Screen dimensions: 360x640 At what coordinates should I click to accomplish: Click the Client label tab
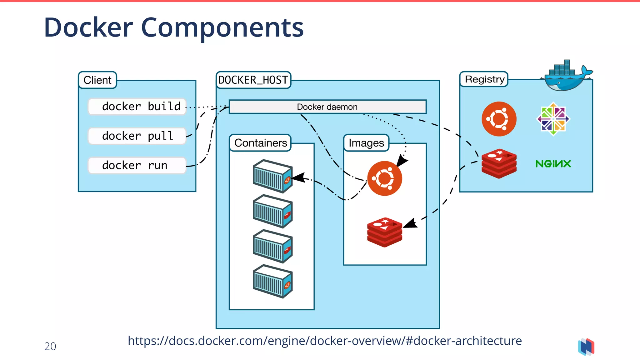97,80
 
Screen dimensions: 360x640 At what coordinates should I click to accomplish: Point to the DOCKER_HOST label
253,80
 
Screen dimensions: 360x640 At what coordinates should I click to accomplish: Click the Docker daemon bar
327,107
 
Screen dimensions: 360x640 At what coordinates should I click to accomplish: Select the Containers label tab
260,143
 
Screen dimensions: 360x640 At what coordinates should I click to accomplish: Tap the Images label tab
366,143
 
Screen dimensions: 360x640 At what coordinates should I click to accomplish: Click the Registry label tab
484,79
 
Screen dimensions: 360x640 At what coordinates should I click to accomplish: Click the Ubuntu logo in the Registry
499,119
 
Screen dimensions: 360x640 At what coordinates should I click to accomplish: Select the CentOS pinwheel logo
553,119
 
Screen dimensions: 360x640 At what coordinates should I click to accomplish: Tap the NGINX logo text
553,164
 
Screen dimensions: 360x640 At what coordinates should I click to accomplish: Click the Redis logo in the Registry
499,163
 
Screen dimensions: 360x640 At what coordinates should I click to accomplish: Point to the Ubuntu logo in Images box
384,178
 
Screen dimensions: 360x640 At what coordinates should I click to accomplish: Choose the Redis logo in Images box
384,232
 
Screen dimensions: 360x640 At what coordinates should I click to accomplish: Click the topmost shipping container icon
272,176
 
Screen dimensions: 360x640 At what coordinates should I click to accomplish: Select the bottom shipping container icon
272,281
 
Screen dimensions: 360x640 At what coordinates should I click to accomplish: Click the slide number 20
50,346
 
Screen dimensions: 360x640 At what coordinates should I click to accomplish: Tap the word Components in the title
222,27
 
